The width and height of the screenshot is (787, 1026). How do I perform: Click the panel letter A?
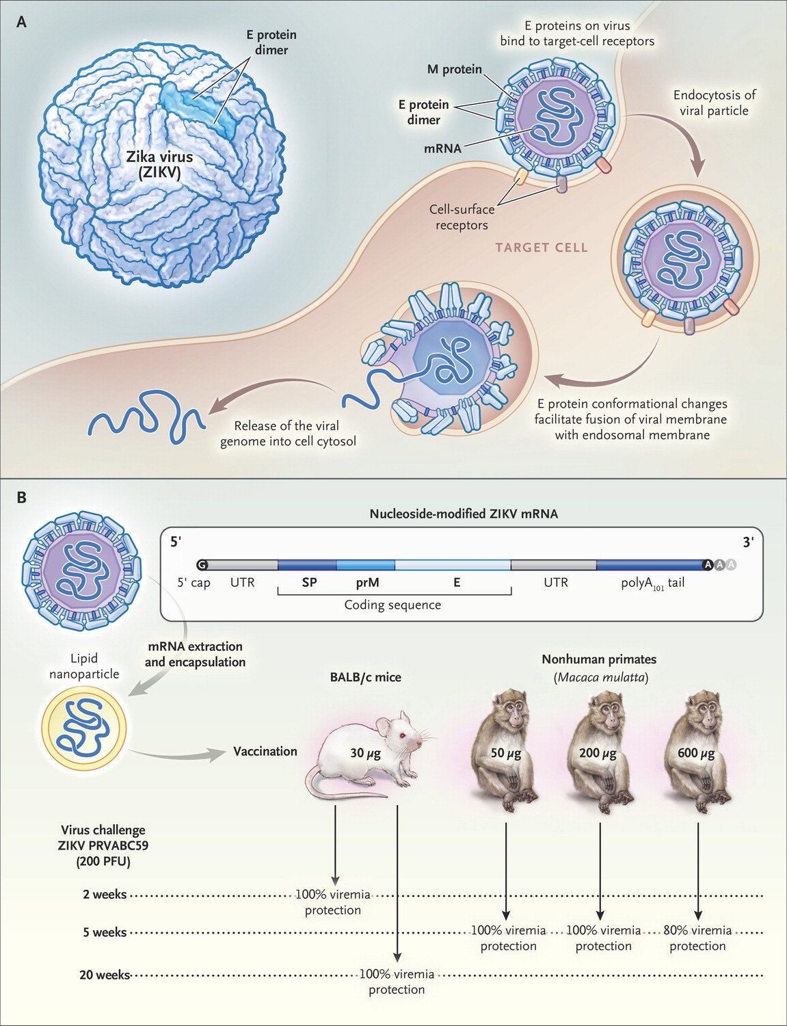(22, 22)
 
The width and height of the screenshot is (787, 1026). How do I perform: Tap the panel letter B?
(22, 497)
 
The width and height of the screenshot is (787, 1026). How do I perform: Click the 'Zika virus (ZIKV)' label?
(159, 165)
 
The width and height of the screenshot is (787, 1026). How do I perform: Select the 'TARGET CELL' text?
(542, 247)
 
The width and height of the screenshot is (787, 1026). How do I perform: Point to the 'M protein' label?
(454, 69)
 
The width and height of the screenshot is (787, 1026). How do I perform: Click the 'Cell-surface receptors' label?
(462, 218)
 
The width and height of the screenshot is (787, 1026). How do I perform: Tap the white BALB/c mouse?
(369, 752)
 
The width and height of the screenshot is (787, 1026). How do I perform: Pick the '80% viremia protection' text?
(697, 938)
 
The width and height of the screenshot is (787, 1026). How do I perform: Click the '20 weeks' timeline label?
(104, 975)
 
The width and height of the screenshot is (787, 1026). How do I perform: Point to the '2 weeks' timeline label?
(105, 895)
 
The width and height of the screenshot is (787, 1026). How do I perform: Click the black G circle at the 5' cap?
(202, 565)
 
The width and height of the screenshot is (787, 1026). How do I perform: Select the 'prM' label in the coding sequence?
(367, 583)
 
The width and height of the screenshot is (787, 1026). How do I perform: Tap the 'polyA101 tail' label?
(652, 583)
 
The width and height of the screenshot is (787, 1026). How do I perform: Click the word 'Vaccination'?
(265, 751)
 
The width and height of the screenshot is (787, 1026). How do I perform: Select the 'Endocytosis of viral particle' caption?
(714, 103)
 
